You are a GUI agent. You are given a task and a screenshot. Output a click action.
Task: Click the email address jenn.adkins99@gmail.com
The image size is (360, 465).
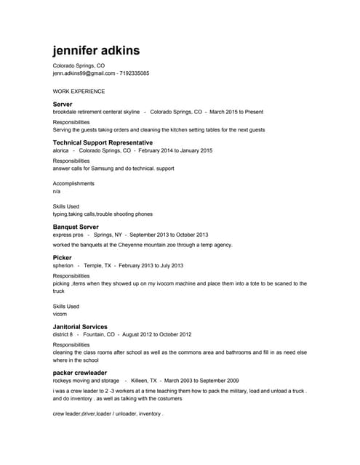(x=84, y=73)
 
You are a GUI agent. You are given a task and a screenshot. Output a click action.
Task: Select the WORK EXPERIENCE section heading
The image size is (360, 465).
(x=79, y=92)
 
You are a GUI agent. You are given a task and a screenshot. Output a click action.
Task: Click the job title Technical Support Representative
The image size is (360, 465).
(x=103, y=142)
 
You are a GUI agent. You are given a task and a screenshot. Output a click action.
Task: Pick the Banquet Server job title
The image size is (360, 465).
(x=76, y=227)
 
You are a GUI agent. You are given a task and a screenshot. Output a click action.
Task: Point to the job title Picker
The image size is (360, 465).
(x=62, y=257)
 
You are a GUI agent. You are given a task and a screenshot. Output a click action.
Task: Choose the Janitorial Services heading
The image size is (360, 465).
(x=80, y=327)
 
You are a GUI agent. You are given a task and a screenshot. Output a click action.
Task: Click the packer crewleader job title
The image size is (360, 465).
(x=80, y=373)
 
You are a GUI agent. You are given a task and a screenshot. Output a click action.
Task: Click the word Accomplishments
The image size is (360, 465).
(x=73, y=184)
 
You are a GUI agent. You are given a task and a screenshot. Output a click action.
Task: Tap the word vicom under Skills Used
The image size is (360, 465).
(x=60, y=314)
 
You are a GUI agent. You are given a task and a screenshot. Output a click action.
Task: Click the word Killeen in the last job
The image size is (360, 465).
(x=143, y=381)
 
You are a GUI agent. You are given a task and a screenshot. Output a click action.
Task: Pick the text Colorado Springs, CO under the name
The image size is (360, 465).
(x=79, y=65)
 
